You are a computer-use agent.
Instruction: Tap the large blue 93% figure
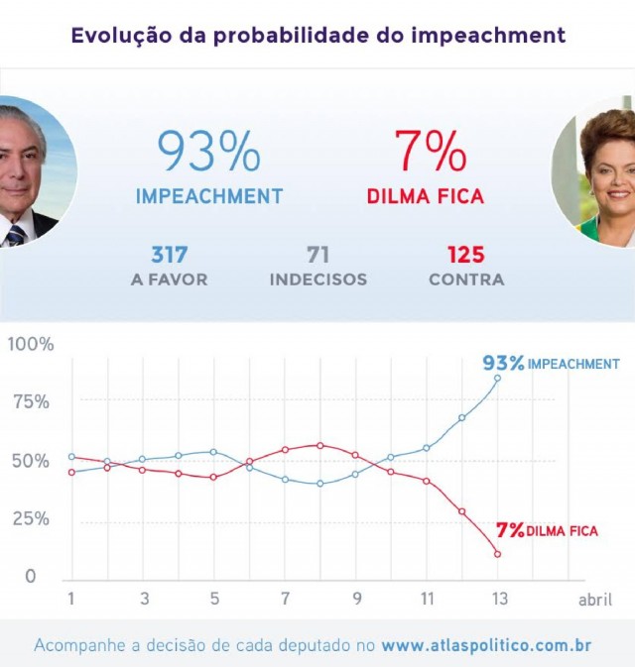click(x=208, y=151)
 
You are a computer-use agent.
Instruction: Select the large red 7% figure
click(x=430, y=151)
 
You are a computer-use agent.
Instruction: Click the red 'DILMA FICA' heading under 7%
click(x=426, y=196)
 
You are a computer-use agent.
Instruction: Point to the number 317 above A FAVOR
click(x=169, y=255)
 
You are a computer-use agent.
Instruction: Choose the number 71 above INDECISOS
click(x=318, y=255)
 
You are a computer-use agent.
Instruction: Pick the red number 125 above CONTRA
click(x=465, y=255)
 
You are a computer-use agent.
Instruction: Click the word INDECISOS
click(x=318, y=279)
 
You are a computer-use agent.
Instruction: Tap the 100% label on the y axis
click(x=31, y=344)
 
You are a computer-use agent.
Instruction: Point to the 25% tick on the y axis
click(x=29, y=518)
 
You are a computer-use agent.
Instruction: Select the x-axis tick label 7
click(x=285, y=600)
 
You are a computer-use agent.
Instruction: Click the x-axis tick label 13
click(x=498, y=600)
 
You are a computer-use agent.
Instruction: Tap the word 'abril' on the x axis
click(x=595, y=600)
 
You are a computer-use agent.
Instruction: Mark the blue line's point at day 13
click(x=497, y=378)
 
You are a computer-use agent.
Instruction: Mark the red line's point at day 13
click(x=497, y=553)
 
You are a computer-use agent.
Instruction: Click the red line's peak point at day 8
click(x=319, y=445)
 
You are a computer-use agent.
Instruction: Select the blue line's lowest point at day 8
click(x=319, y=484)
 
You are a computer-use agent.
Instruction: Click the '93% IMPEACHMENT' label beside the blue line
click(x=551, y=363)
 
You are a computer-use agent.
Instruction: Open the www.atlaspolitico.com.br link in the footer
click(x=486, y=645)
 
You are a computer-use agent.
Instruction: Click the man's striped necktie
click(x=16, y=235)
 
